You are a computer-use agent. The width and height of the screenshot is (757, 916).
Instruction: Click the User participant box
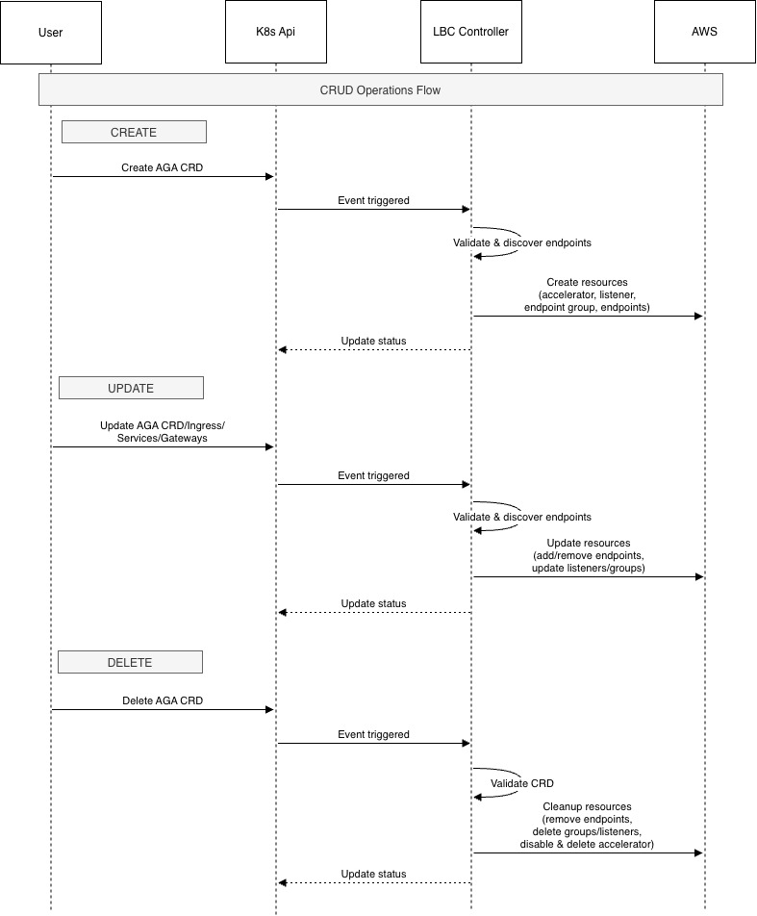[50, 33]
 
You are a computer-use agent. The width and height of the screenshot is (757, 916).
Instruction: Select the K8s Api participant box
[276, 33]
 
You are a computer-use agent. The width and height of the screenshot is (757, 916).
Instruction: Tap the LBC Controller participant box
[471, 33]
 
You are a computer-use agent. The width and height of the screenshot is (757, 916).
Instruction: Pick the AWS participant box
[705, 33]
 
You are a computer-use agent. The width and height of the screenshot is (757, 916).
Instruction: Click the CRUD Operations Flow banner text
[380, 90]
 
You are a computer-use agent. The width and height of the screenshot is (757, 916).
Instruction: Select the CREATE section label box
[134, 132]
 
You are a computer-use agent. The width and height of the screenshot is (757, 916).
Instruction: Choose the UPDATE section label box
[131, 388]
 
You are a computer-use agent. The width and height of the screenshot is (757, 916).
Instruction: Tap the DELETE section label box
[130, 662]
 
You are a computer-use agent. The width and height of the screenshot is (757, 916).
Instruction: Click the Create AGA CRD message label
[162, 167]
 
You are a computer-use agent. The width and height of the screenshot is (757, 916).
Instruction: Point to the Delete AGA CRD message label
[162, 700]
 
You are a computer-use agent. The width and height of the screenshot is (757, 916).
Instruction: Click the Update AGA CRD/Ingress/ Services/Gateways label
[162, 431]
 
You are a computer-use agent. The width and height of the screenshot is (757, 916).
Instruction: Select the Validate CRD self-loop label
[522, 783]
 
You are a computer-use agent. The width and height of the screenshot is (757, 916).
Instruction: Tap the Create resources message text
[587, 295]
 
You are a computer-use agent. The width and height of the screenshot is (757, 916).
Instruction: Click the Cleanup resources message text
[587, 826]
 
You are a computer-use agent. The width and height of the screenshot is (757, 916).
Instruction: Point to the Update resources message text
[588, 556]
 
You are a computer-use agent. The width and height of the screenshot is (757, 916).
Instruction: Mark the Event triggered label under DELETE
[373, 734]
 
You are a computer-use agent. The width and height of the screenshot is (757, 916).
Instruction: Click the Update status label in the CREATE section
[373, 341]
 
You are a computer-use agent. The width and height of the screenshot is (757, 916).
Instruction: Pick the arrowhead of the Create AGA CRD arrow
[271, 176]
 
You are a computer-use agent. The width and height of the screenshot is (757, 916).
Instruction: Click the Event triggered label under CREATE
[373, 200]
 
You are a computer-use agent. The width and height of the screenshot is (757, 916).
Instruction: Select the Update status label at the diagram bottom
[373, 874]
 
